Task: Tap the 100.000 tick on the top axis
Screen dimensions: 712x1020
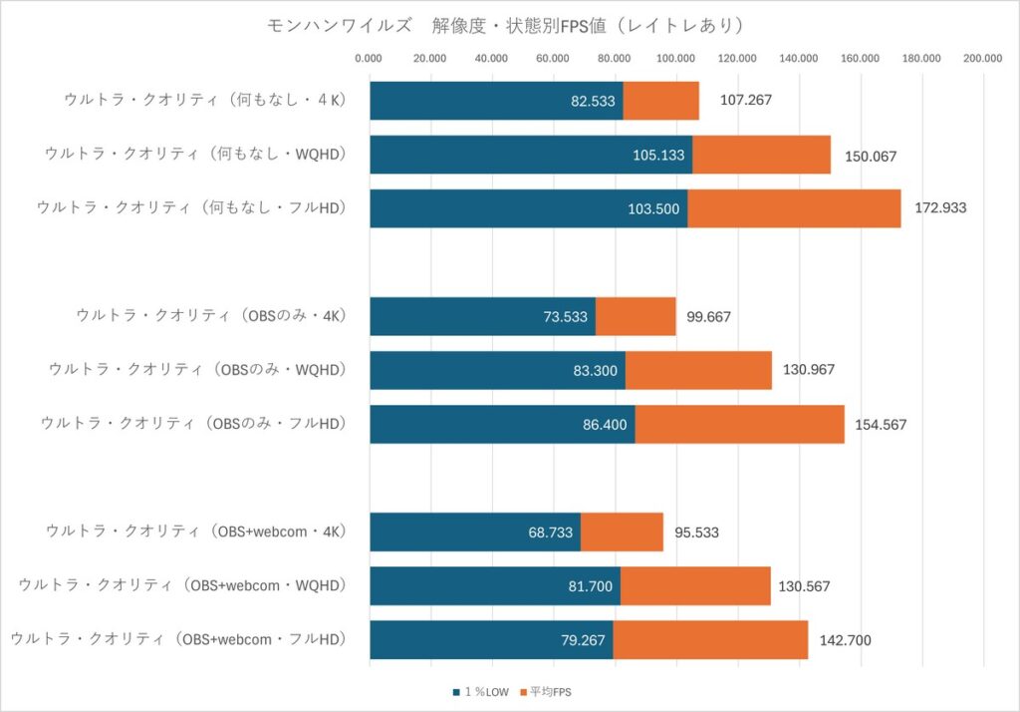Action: [x=676, y=59]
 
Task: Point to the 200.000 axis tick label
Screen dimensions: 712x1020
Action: [x=983, y=59]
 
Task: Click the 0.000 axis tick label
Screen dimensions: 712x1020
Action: [x=370, y=59]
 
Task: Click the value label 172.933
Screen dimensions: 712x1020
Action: [x=941, y=208]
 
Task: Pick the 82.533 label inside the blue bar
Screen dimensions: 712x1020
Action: [x=593, y=101]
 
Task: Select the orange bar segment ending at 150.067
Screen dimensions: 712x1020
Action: [x=761, y=155]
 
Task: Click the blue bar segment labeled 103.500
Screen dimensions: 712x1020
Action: [x=528, y=208]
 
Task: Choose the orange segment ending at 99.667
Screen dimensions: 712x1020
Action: [x=636, y=316]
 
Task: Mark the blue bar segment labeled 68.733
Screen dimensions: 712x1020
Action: [x=474, y=532]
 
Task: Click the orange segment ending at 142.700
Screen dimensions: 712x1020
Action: [x=710, y=639]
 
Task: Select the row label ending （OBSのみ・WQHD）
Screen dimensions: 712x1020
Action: [x=197, y=369]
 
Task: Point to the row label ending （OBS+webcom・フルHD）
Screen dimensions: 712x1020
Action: [x=178, y=638]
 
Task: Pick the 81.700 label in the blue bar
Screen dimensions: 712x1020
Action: [x=590, y=585]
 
